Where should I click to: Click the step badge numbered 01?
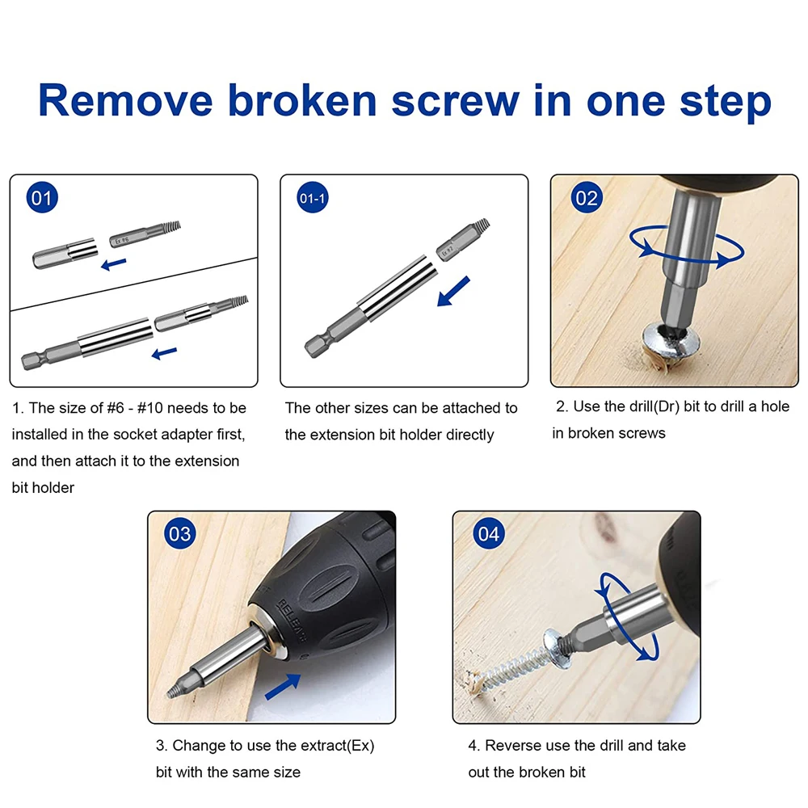pos(43,199)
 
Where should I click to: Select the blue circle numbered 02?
pos(587,198)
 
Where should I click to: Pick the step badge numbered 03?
pos(179,534)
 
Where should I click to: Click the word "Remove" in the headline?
pos(125,101)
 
